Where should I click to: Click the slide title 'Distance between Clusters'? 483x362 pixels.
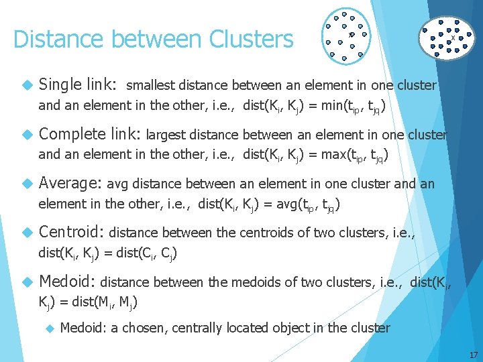pyautogui.click(x=153, y=40)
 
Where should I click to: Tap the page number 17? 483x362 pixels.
pyautogui.click(x=473, y=355)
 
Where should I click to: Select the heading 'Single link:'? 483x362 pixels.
pyautogui.click(x=78, y=85)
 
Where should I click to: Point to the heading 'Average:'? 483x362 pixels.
pyautogui.click(x=70, y=183)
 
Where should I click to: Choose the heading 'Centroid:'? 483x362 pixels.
pyautogui.click(x=71, y=233)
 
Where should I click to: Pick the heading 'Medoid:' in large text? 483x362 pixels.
pyautogui.click(x=67, y=282)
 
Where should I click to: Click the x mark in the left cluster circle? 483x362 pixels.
pyautogui.click(x=350, y=34)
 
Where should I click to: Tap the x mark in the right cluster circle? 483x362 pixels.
pyautogui.click(x=453, y=38)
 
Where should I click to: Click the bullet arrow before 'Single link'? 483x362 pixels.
pyautogui.click(x=27, y=86)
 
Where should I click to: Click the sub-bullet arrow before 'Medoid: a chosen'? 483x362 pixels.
pyautogui.click(x=49, y=328)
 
